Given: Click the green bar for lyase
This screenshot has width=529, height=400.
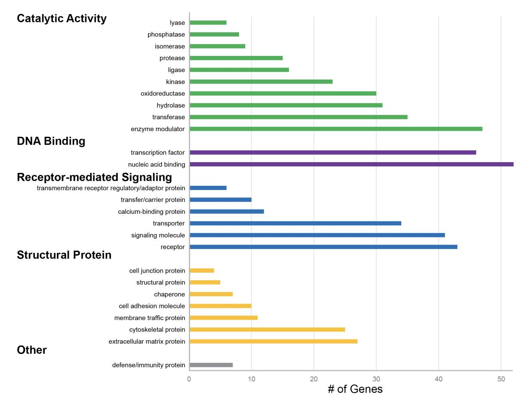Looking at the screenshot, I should tap(208, 23).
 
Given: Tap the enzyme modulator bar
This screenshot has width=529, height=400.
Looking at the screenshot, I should tap(336, 129).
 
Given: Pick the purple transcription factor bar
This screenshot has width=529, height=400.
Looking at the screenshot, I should tap(333, 152).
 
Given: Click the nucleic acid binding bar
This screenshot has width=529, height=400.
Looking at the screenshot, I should tap(351, 164).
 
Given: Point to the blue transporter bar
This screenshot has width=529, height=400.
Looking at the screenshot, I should tap(295, 223).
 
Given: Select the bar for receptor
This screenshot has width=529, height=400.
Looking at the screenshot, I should tap(323, 247).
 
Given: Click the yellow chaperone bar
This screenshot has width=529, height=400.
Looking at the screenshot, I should tap(211, 294).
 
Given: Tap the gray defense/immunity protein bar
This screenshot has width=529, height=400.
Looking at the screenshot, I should tap(211, 365).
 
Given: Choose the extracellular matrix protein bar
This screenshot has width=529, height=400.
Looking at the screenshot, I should tap(274, 342).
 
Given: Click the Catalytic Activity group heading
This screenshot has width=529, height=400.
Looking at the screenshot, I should tap(62, 18).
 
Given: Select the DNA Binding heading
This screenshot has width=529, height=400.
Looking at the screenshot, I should tap(51, 141).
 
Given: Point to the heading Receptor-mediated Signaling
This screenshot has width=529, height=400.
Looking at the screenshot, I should tap(94, 177).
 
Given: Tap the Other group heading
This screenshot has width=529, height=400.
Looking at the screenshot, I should tap(32, 350).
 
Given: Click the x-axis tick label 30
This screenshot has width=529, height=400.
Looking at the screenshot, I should tap(376, 379).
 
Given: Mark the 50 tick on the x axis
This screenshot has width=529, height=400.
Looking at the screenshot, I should tap(501, 379).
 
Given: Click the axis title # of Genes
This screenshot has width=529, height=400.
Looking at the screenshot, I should tap(355, 390).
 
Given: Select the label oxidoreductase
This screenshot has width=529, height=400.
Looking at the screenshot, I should tap(163, 93).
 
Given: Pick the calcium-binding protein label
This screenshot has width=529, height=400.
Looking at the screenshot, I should tap(151, 212).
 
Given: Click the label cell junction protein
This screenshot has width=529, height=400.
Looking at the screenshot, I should tap(157, 271).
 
